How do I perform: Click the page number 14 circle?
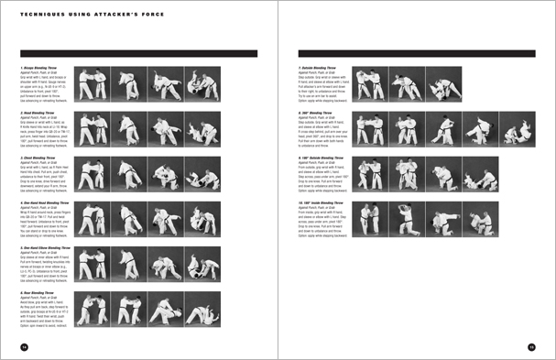(25, 346)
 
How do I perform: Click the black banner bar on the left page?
(137, 53)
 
